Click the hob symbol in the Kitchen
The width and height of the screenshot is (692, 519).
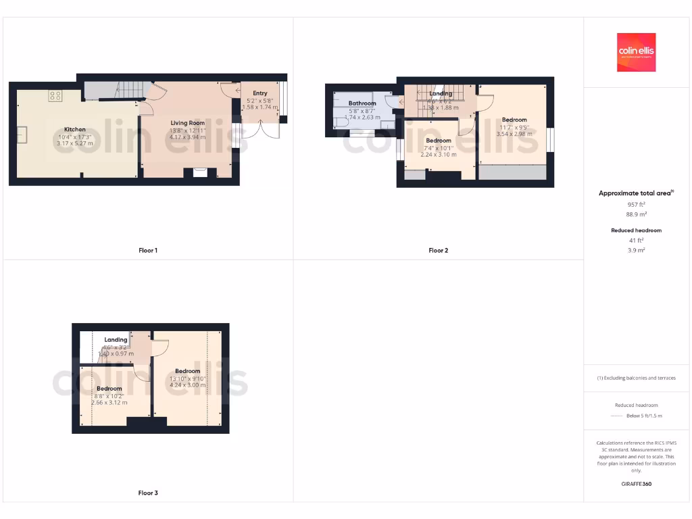[55, 96]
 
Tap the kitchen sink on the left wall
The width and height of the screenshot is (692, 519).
[22, 134]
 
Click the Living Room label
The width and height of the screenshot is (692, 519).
[187, 123]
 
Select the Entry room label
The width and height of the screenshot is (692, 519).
[260, 93]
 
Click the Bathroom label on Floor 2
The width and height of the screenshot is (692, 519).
[362, 103]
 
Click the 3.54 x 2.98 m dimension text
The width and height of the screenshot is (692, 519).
[514, 134]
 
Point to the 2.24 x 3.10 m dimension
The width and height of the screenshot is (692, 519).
[438, 155]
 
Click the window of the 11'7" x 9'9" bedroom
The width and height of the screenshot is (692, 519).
[550, 140]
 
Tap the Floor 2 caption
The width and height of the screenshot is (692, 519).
[438, 251]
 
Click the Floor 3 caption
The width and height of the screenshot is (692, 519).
[148, 493]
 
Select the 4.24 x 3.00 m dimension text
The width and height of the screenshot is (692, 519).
[187, 385]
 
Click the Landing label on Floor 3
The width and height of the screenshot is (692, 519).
[116, 340]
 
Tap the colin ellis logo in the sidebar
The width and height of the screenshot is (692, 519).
[636, 52]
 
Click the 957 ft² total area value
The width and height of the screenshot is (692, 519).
[636, 204]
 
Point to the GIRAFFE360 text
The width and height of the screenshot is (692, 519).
[636, 484]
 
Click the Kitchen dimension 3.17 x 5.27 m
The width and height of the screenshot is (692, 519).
[74, 143]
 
